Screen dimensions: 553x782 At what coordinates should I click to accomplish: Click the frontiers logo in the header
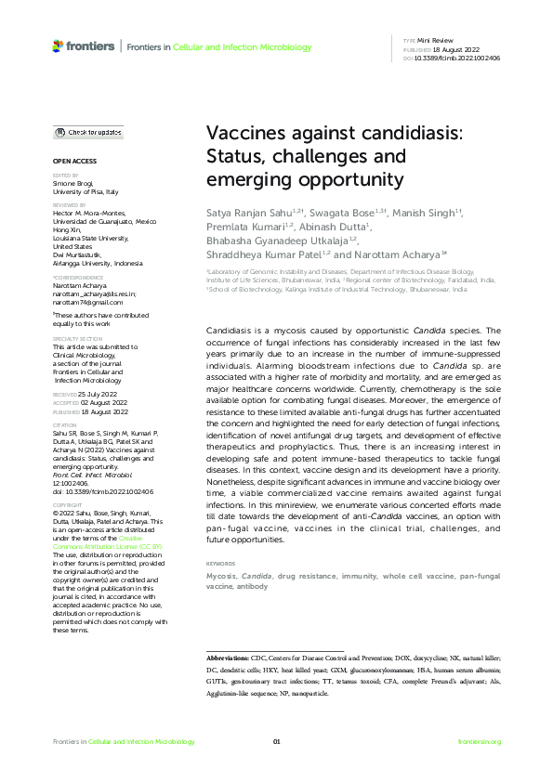pyautogui.click(x=84, y=46)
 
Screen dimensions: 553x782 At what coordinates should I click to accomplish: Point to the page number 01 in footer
pyautogui.click(x=276, y=742)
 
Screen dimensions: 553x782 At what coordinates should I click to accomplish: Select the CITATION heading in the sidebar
pyautogui.click(x=66, y=425)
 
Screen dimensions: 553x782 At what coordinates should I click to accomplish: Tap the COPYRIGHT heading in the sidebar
pyautogui.click(x=68, y=505)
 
